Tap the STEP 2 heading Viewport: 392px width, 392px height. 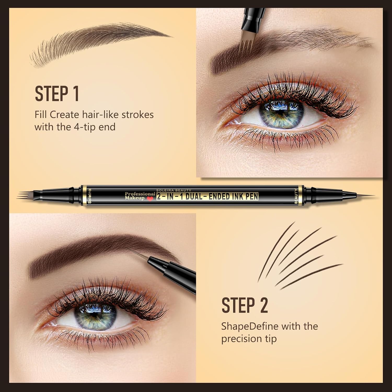tap(245, 305)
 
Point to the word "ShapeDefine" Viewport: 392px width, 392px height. tap(250, 326)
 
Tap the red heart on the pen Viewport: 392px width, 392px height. tap(149, 199)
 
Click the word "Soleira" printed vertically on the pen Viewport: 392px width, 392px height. tap(89, 196)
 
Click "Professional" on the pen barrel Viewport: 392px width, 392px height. tap(140, 194)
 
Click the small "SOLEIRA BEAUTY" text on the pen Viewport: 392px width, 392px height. tap(174, 190)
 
